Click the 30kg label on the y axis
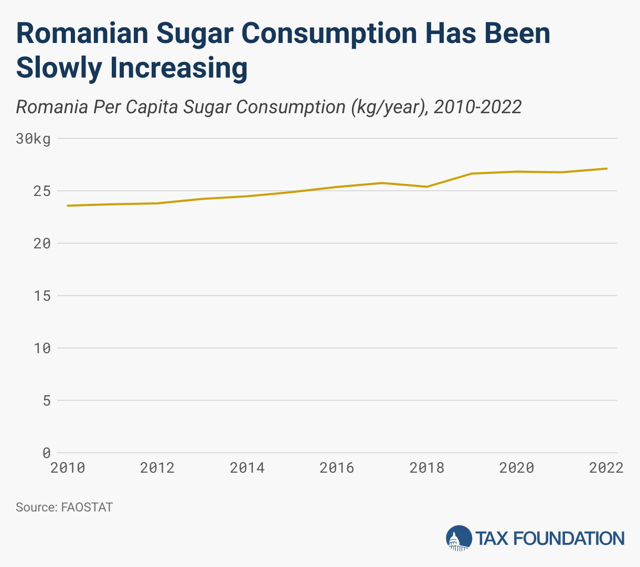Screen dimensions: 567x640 [x=33, y=139]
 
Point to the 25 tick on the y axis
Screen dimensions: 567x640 [x=42, y=191]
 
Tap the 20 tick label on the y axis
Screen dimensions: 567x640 [x=42, y=244]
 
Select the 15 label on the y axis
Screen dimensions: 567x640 [x=42, y=296]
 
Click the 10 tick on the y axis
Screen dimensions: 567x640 [x=42, y=348]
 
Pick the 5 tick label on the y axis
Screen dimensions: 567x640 [x=46, y=401]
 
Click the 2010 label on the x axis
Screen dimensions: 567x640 [x=68, y=467]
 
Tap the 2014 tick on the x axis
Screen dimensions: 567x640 [x=247, y=467]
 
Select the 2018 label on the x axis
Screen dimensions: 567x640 [x=427, y=467]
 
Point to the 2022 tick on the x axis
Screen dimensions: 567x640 [x=606, y=467]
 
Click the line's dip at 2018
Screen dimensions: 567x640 [x=427, y=187]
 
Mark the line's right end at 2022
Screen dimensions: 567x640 [x=606, y=169]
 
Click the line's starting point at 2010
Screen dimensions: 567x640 [x=68, y=205]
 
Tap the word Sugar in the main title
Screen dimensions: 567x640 [x=194, y=34]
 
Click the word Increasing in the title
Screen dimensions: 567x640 [x=179, y=68]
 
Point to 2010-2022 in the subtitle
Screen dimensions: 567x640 [x=478, y=107]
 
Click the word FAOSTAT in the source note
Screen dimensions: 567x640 [x=87, y=507]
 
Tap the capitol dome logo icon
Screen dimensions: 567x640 [x=458, y=538]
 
